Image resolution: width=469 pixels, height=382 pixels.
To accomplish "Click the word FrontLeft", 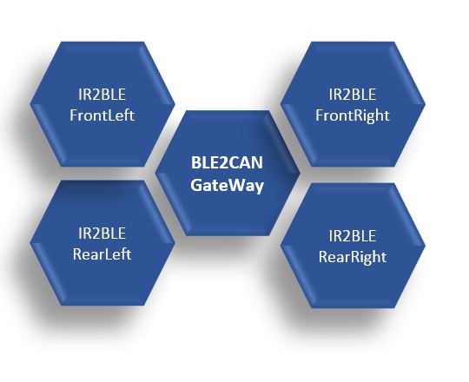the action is [102, 115].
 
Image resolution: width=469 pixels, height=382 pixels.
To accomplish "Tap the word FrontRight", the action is [353, 116].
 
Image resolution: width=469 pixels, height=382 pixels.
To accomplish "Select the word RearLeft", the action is [102, 254].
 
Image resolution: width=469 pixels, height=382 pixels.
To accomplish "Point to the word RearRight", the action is [353, 257].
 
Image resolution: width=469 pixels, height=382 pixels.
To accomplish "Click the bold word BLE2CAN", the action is [227, 163].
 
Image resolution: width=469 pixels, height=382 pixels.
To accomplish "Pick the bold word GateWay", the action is [227, 186].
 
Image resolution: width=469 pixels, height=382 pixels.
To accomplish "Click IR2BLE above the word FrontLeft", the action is [102, 95].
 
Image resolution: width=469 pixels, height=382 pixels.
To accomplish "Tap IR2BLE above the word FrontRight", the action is [353, 95].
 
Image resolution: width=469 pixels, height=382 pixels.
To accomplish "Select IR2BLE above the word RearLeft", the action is [102, 234].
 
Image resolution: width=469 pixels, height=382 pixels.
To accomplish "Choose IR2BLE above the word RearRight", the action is [353, 236].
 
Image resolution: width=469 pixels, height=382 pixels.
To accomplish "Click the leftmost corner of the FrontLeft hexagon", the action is [30, 104].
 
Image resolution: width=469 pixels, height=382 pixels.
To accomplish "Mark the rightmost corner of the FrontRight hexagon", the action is [426, 104].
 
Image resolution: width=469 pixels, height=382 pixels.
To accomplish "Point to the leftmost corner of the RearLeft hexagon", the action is [30, 243].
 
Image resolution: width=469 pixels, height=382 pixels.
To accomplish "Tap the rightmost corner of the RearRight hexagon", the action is [426, 246].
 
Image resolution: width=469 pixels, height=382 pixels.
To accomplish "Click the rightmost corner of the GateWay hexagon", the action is [300, 173].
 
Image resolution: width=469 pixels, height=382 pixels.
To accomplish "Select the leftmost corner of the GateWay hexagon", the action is [155, 173].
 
